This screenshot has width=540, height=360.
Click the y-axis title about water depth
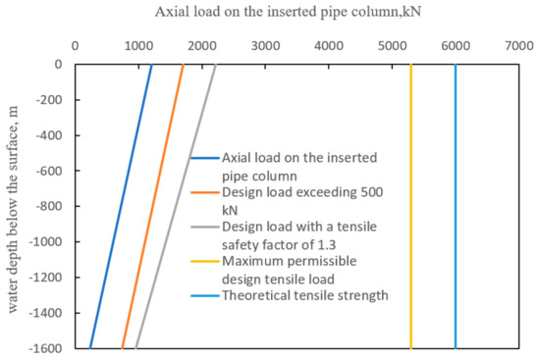(13, 206)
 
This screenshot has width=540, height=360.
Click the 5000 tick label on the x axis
(392, 45)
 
